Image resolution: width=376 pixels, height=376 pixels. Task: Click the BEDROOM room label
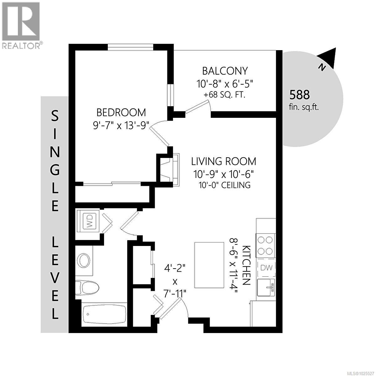(121, 112)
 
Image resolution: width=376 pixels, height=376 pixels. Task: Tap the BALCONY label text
(225, 71)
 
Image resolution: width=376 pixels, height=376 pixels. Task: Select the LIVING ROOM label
(223, 161)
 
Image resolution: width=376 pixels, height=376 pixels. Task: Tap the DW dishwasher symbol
(266, 268)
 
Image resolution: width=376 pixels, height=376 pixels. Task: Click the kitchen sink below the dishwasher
(266, 287)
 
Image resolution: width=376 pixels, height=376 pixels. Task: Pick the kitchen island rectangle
(206, 265)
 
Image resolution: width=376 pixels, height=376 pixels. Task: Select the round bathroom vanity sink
(84, 260)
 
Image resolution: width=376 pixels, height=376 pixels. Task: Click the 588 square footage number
(300, 94)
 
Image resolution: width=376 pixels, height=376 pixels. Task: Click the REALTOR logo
(21, 25)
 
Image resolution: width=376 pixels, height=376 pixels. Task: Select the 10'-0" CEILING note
(225, 185)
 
